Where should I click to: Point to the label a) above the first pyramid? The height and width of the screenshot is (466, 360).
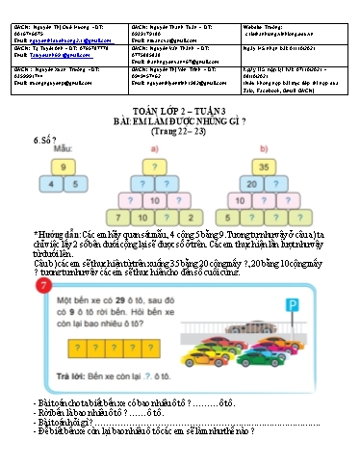154,150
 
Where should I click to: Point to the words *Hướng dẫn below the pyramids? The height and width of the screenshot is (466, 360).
58,232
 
